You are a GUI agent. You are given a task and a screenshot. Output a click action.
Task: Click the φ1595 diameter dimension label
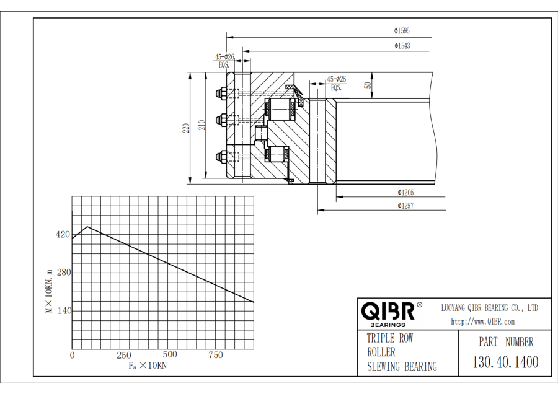pyautogui.click(x=402, y=31)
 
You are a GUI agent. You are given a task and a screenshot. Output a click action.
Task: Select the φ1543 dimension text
pyautogui.click(x=402, y=46)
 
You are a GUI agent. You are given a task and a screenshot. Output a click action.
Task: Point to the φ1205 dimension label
pyautogui.click(x=405, y=193)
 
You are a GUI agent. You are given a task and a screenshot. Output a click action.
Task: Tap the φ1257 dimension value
pyautogui.click(x=405, y=206)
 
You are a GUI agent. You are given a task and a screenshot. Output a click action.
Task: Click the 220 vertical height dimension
pyautogui.click(x=186, y=128)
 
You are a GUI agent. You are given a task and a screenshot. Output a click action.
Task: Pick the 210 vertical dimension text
pyautogui.click(x=202, y=125)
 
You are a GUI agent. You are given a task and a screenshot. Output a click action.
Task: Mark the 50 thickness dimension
pyautogui.click(x=368, y=85)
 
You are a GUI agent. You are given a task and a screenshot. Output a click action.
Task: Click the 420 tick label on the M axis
pyautogui.click(x=63, y=235)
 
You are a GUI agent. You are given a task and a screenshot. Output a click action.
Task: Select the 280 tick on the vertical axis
pyautogui.click(x=64, y=273)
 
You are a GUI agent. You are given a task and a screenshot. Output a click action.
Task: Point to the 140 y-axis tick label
pyautogui.click(x=64, y=311)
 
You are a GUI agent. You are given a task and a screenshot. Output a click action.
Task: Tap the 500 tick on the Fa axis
pyautogui.click(x=170, y=354)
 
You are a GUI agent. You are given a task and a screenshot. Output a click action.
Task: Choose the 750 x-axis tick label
pyautogui.click(x=216, y=355)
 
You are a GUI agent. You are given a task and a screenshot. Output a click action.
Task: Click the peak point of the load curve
pyautogui.click(x=87, y=227)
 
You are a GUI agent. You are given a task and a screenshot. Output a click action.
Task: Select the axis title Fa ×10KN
pyautogui.click(x=148, y=366)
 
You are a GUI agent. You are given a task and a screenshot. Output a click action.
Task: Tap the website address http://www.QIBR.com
pyautogui.click(x=482, y=322)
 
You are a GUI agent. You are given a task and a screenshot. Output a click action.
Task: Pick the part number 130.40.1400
pyautogui.click(x=505, y=362)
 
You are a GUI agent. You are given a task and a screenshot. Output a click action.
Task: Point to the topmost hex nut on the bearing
pyautogui.click(x=220, y=93)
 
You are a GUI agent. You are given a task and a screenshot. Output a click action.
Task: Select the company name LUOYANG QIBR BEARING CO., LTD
pyautogui.click(x=490, y=308)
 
